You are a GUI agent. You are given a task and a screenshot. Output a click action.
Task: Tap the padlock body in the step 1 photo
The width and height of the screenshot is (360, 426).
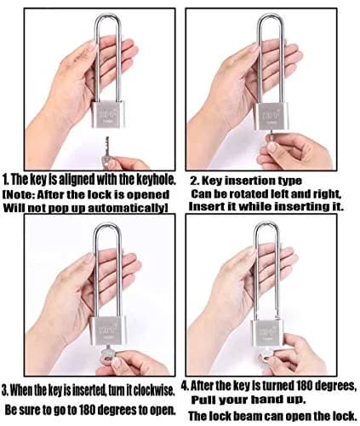pyautogui.click(x=107, y=114)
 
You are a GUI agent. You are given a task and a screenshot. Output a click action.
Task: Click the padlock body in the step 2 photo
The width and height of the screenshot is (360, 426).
pyautogui.click(x=271, y=117)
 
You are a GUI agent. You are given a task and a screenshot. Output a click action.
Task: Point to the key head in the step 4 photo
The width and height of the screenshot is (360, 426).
pyautogui.click(x=266, y=356)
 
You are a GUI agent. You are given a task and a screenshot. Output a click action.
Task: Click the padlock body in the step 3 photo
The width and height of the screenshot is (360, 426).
pyautogui.click(x=108, y=331)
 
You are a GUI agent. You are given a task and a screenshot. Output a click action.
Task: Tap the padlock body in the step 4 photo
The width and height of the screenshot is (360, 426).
pyautogui.click(x=267, y=333)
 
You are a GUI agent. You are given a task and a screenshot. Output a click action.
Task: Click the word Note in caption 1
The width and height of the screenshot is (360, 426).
pyautogui.click(x=20, y=194)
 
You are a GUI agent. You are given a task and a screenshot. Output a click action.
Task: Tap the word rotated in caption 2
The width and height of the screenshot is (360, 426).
pyautogui.click(x=245, y=194)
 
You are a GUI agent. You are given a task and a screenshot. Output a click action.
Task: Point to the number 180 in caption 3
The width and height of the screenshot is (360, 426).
pyautogui.click(x=89, y=410)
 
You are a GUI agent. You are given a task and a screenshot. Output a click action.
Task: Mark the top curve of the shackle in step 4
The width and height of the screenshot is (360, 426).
pyautogui.click(x=267, y=224)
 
